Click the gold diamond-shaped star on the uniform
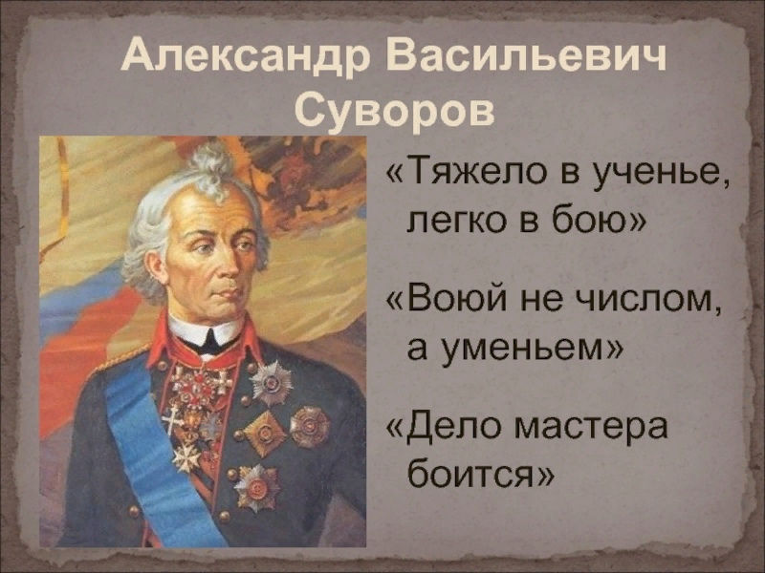pyautogui.click(x=264, y=434)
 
